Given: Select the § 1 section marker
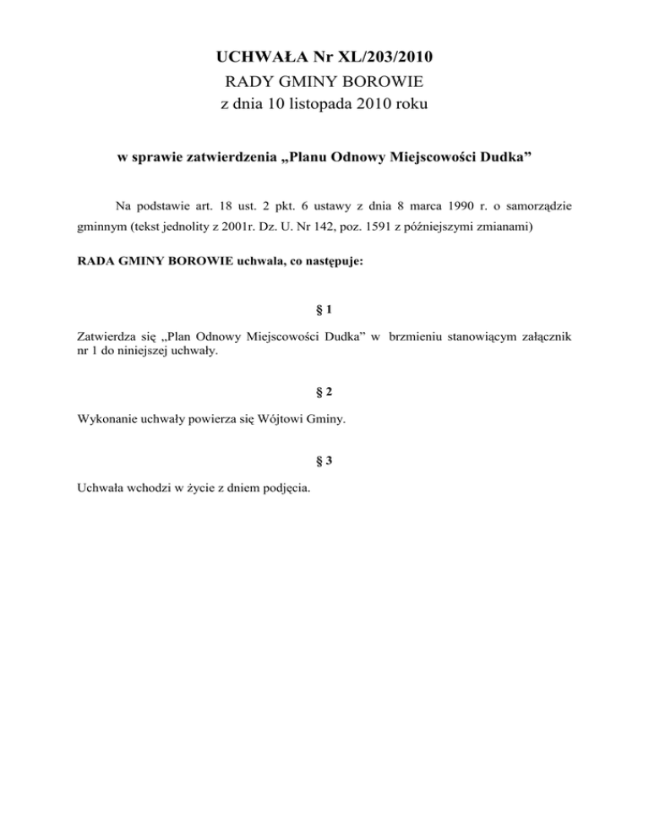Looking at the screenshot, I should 324,310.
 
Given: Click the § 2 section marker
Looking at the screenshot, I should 324,391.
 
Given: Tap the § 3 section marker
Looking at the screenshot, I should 324,461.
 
